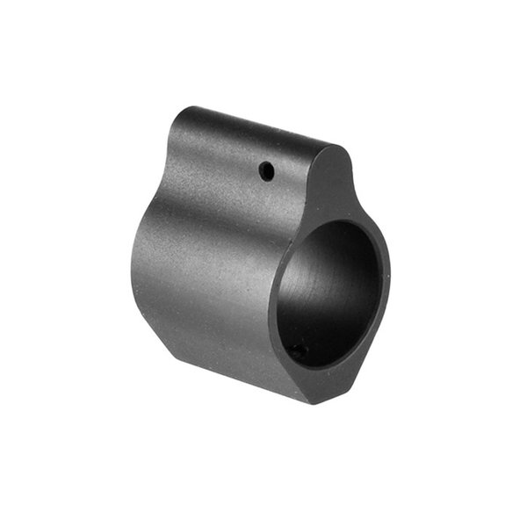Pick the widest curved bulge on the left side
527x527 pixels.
[141, 263]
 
